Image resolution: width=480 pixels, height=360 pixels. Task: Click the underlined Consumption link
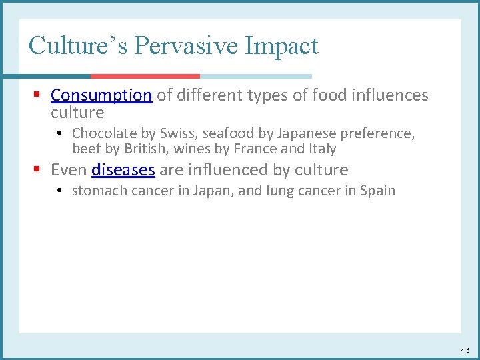(x=101, y=95)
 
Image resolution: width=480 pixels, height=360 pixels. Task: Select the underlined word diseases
(x=123, y=170)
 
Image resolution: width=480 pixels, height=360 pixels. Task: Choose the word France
(x=255, y=149)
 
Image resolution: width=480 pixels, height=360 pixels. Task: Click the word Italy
(x=322, y=149)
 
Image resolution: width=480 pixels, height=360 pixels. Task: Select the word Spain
(x=377, y=191)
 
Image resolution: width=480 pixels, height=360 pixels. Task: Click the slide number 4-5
(x=465, y=350)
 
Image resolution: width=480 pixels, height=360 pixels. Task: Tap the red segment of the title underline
(x=145, y=76)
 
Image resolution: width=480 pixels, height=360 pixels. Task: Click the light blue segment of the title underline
(x=256, y=76)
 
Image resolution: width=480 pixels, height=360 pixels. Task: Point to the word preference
(x=377, y=133)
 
